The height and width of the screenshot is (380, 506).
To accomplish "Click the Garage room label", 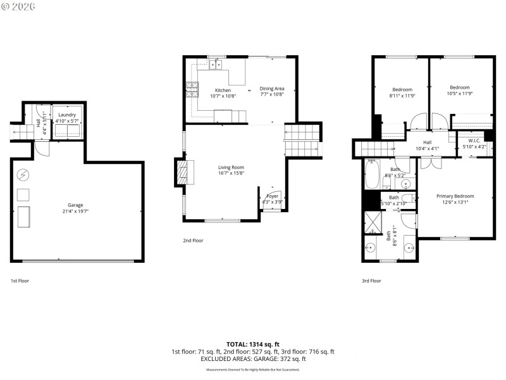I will (75, 205).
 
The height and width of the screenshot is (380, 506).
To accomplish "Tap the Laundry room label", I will (66, 115).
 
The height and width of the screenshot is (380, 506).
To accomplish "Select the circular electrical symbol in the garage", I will (22, 175).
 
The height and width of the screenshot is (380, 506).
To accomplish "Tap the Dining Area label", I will (272, 89).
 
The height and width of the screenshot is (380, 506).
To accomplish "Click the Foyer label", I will (272, 196).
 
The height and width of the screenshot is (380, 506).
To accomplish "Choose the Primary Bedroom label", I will (455, 196).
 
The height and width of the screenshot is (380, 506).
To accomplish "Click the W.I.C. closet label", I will (474, 141).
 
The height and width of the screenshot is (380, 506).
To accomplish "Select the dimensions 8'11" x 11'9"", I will (402, 96).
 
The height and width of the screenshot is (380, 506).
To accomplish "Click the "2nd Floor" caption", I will (193, 241).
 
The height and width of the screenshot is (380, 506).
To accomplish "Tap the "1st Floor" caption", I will (20, 281).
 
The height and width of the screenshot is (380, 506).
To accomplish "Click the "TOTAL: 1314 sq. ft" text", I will (253, 345).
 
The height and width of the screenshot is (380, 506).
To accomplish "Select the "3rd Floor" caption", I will (371, 281).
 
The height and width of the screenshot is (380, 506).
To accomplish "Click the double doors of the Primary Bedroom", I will (431, 162).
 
